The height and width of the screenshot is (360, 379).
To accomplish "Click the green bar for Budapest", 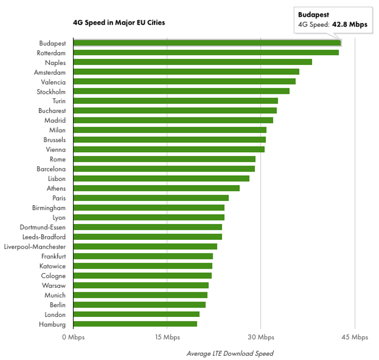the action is (207, 43).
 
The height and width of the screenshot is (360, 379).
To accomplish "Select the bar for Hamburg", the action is (135, 324).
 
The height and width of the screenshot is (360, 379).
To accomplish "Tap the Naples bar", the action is (193, 62).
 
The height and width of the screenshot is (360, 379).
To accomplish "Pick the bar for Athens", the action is (156, 188).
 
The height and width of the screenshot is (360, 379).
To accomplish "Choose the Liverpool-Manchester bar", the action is (145, 246).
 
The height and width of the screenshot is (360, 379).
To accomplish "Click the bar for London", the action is (136, 314).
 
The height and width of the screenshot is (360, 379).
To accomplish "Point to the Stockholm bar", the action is (182, 91).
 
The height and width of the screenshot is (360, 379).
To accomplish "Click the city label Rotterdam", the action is (51, 53).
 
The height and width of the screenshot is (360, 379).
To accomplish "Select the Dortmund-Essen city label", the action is (43, 227).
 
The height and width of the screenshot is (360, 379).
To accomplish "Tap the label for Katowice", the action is (52, 266).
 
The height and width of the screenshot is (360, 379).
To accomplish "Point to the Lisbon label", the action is (57, 179).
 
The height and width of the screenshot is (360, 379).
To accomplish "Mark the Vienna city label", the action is (56, 150).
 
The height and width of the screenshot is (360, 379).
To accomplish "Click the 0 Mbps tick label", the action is (73, 337).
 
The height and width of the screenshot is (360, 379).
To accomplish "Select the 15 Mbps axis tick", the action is (167, 337).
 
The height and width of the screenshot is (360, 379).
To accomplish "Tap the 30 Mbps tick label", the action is (261, 337).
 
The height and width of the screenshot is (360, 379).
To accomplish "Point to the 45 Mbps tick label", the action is (355, 337).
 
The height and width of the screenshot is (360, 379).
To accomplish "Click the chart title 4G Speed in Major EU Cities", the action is (119, 23).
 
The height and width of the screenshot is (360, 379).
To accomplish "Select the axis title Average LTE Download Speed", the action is (230, 353).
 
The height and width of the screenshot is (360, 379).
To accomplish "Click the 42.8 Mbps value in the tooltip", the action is (350, 25).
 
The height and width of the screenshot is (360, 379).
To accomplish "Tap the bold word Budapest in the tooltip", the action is (313, 15).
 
